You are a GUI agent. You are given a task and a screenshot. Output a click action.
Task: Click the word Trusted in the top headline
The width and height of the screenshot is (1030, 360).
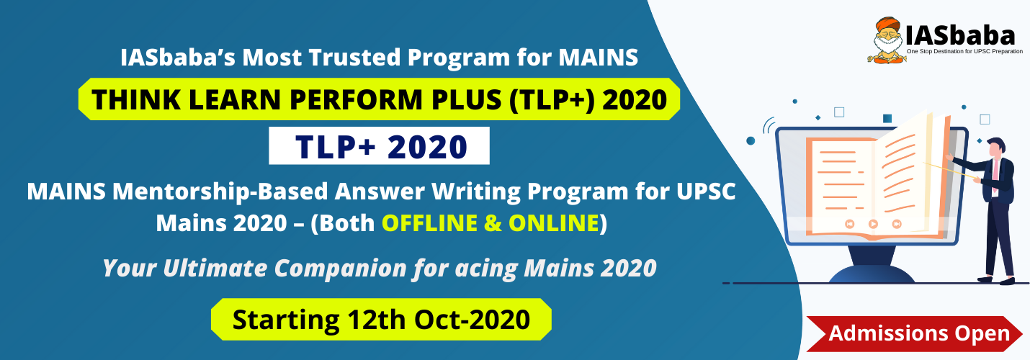pos(354,58)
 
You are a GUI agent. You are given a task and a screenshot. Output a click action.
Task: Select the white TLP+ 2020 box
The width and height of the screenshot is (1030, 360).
pos(379,145)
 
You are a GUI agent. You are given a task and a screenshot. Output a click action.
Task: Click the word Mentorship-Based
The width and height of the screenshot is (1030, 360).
pos(220,192)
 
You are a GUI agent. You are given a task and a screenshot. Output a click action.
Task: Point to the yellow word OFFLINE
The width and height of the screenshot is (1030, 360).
pos(429,223)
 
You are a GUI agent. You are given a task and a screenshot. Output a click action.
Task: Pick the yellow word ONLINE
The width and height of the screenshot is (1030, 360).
pos(553,223)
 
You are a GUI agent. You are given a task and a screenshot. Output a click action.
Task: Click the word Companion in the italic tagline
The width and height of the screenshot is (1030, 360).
pos(341,268)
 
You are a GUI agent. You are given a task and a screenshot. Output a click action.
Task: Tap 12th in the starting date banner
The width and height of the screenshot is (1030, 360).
pos(377,320)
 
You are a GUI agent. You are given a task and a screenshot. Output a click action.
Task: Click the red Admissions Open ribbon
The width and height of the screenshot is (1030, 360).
pos(914,334)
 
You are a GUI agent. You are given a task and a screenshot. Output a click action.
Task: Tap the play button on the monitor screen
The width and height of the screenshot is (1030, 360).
pos(873,224)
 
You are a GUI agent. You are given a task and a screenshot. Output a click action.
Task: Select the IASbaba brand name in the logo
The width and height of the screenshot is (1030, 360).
pos(960,35)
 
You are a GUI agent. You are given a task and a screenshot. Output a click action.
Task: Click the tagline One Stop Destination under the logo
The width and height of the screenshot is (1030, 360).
pos(964,52)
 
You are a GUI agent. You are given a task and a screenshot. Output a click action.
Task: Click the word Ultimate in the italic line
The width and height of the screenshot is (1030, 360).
pos(215,268)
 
